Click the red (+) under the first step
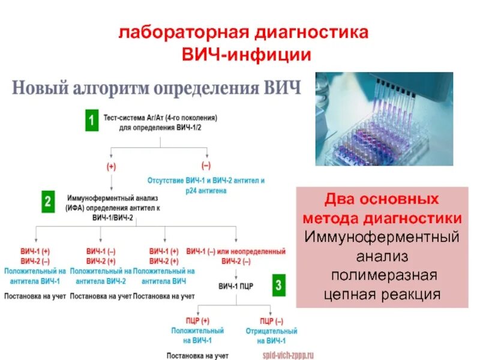[x=111, y=167]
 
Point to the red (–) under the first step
[x=206, y=165]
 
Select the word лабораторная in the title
[x=176, y=31]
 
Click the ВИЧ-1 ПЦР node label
[x=235, y=286]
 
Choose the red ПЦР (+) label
[x=197, y=319]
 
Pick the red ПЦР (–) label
[x=272, y=319]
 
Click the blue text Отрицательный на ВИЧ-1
[x=272, y=336]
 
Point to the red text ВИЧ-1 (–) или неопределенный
[x=236, y=251]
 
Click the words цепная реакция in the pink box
[x=382, y=294]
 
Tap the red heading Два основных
[x=382, y=199]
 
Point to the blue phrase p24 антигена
[x=206, y=190]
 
